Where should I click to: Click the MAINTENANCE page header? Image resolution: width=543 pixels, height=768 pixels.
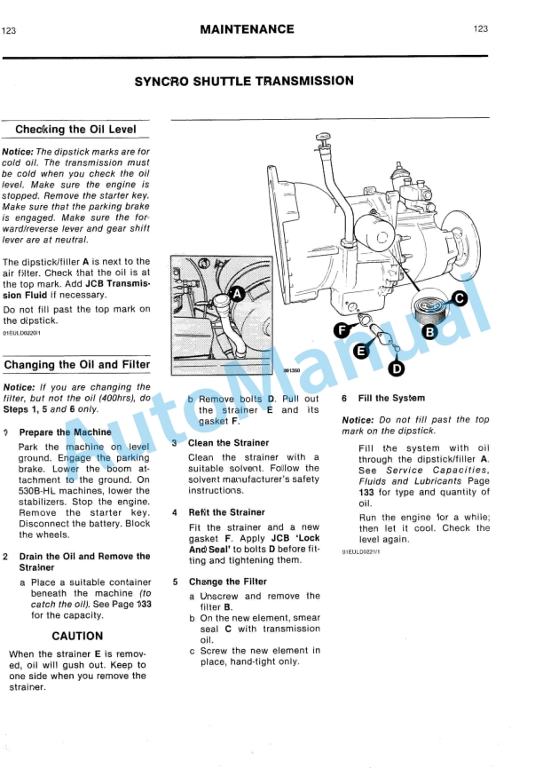click(247, 29)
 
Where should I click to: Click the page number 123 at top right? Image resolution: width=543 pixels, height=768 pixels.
click(481, 29)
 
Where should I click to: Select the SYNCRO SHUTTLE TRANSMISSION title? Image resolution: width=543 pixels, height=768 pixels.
click(244, 81)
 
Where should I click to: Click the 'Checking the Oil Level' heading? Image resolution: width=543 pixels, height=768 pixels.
click(75, 130)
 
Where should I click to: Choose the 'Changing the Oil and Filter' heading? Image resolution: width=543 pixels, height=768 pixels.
click(77, 365)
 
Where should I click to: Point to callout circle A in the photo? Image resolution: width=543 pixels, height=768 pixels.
click(237, 293)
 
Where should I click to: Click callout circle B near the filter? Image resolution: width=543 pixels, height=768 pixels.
click(429, 333)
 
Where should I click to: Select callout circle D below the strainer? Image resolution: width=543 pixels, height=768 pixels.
click(397, 368)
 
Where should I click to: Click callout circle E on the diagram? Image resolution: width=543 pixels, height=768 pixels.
click(360, 352)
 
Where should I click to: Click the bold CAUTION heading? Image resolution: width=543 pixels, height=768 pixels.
click(77, 636)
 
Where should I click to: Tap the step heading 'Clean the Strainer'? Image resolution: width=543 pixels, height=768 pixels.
click(227, 442)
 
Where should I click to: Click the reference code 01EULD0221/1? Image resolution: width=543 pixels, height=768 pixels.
click(361, 551)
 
